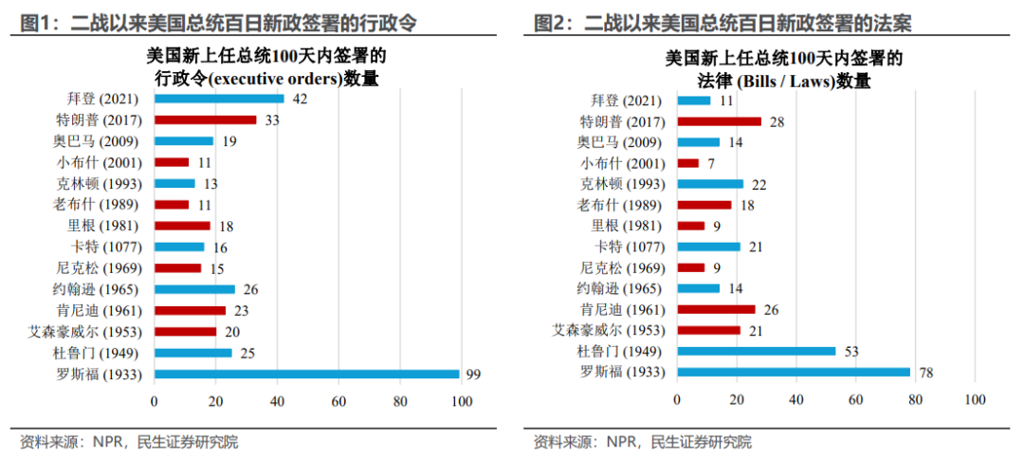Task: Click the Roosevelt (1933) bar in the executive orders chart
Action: point(306,374)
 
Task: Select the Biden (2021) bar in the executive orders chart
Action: point(219,99)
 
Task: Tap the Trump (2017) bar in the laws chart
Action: point(720,121)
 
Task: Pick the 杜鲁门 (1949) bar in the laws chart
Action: point(757,351)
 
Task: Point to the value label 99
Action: point(473,375)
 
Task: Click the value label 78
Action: point(926,373)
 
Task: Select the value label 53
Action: point(851,351)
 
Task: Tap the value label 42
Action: point(300,99)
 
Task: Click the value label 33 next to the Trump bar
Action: point(272,120)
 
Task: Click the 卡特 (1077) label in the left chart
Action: point(106,247)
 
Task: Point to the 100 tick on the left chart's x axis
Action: point(462,402)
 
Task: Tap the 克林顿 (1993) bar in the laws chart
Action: point(710,183)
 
